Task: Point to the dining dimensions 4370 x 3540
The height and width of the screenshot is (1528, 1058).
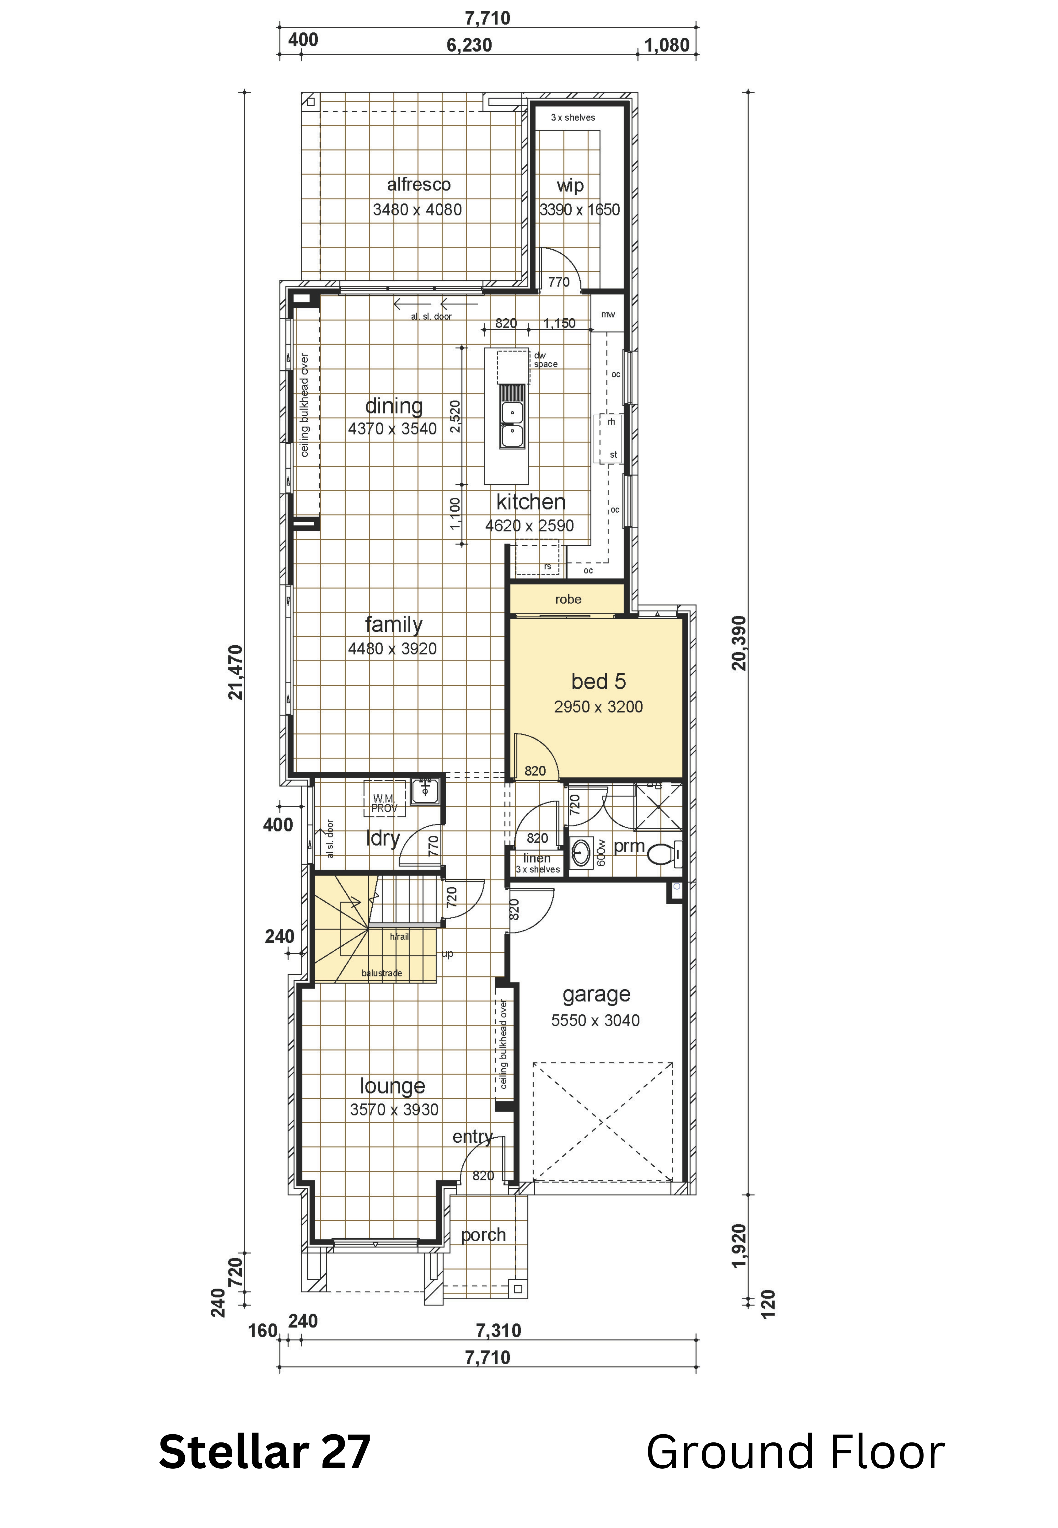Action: pyautogui.click(x=392, y=429)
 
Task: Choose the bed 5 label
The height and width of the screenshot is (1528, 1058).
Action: pyautogui.click(x=599, y=681)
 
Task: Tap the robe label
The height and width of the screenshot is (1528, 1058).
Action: pyautogui.click(x=568, y=599)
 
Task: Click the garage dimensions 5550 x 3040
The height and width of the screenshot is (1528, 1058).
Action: pyautogui.click(x=595, y=1020)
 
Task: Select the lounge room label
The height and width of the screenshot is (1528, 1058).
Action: pyautogui.click(x=392, y=1086)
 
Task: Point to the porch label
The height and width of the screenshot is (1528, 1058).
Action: pyautogui.click(x=483, y=1235)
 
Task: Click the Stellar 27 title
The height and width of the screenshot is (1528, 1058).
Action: pyautogui.click(x=264, y=1452)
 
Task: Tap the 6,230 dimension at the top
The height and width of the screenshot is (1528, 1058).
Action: pyautogui.click(x=469, y=45)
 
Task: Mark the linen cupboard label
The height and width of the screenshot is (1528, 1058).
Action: pyautogui.click(x=537, y=858)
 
